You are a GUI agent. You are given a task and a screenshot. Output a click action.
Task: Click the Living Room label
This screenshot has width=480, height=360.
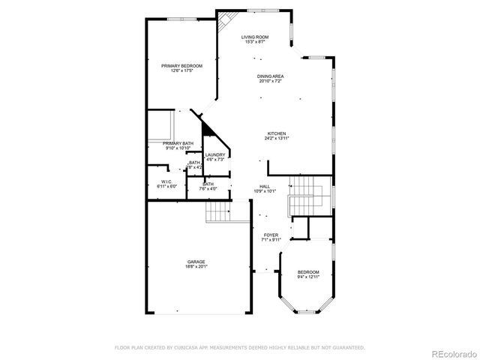[x=255, y=37]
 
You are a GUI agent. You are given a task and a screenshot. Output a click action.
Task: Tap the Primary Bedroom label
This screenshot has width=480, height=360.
[x=181, y=66]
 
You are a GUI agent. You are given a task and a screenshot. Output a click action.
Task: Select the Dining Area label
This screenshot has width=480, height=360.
[x=271, y=76]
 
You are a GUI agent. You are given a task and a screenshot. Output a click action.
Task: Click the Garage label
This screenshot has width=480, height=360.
[x=196, y=262]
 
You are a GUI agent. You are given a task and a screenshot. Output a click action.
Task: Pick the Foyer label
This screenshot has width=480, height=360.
[x=271, y=235]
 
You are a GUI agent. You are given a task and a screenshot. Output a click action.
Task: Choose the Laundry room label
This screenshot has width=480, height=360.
[x=215, y=155]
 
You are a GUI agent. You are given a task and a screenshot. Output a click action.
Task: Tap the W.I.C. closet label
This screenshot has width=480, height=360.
[x=166, y=181]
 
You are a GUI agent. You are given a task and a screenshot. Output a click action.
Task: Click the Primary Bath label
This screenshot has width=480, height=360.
[x=178, y=143]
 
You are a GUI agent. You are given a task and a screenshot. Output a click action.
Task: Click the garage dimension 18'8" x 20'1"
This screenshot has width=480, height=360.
[x=196, y=266]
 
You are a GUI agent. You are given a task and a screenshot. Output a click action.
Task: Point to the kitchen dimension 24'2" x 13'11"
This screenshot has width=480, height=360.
[x=276, y=139]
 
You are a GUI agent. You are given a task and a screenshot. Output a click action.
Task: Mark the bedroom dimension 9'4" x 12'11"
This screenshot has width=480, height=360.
[x=308, y=277]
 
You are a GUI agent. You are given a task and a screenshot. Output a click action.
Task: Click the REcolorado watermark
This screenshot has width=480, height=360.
[x=452, y=353]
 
